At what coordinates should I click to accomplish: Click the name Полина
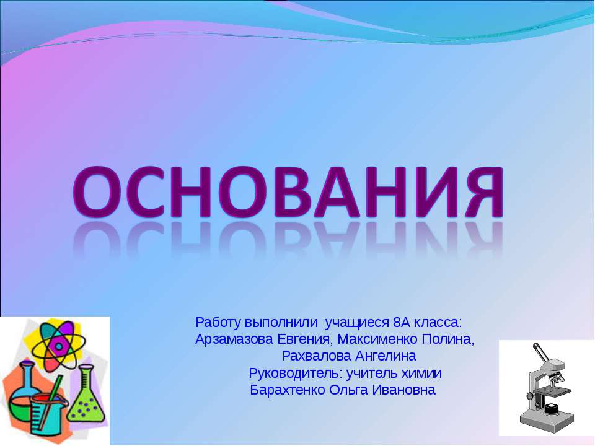tap(447, 340)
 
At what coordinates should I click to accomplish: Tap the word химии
tap(424, 374)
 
